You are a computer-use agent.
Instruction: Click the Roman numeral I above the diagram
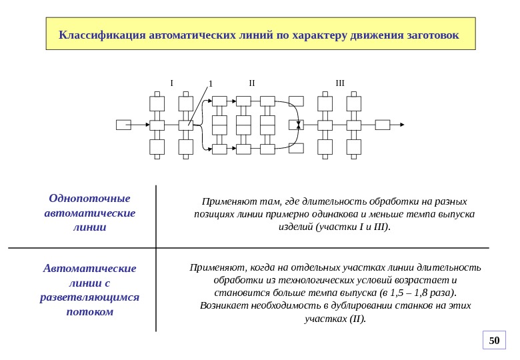[x=171, y=83]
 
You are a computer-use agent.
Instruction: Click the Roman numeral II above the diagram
[x=251, y=83]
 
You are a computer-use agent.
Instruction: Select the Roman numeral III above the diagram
[x=340, y=83]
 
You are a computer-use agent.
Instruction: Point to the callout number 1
[x=209, y=84]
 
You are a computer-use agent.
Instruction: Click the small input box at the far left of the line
[x=123, y=125]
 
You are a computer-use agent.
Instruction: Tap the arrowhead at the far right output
[x=401, y=125]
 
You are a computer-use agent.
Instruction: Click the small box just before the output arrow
[x=383, y=125]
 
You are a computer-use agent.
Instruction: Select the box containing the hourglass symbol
[x=296, y=125]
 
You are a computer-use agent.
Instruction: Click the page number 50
[x=494, y=341]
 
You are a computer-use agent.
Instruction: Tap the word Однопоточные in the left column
[x=89, y=198]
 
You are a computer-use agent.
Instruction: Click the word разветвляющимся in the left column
[x=89, y=297]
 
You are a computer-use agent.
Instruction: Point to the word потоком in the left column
[x=89, y=312]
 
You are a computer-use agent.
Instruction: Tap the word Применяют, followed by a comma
[x=211, y=267]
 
